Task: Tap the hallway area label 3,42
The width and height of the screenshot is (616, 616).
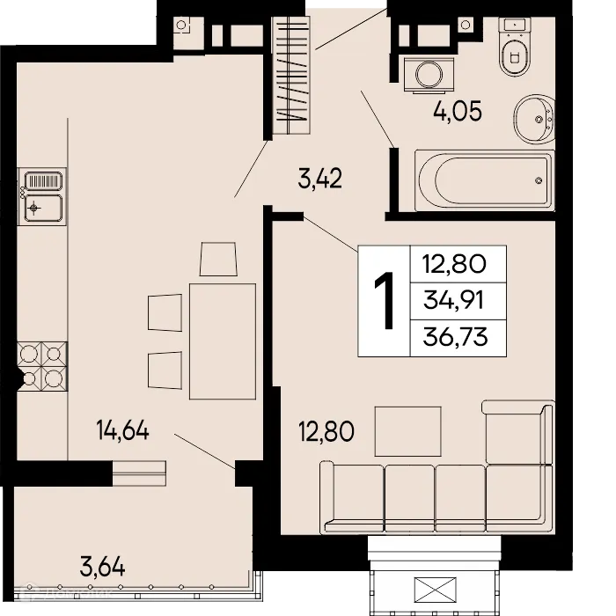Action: pos(319,181)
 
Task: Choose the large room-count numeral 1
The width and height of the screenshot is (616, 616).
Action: pos(384,301)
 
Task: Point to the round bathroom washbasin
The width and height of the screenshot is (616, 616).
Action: pos(533,120)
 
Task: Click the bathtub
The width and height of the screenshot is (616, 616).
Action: pos(485,180)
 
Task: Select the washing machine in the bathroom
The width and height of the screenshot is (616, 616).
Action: pos(429,71)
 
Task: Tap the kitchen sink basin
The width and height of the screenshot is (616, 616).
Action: pos(42,209)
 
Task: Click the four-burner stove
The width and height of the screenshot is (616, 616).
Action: pos(42,366)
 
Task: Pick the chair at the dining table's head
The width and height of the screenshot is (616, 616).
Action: pos(217,259)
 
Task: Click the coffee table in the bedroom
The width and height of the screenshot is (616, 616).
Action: pos(403,429)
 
